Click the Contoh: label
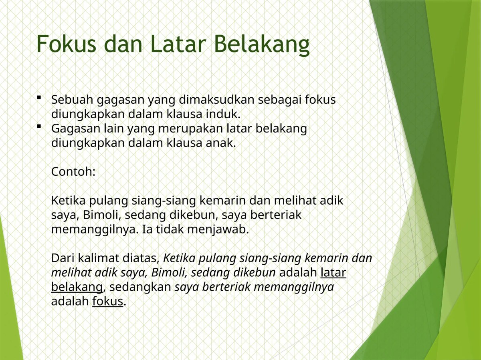pos(73,172)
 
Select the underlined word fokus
pos(108,301)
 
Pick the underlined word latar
pos(333,273)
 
